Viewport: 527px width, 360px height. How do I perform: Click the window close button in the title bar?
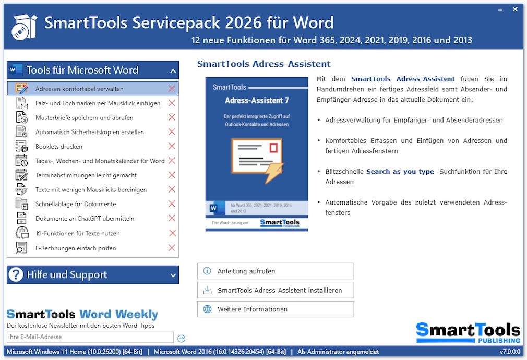[x=515, y=9]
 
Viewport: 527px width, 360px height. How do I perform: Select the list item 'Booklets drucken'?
[x=59, y=147]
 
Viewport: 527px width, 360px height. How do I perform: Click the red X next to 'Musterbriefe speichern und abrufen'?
[x=172, y=117]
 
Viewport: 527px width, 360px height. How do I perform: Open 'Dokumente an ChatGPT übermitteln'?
[x=85, y=219]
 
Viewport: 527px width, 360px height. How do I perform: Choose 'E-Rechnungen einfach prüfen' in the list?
[x=76, y=248]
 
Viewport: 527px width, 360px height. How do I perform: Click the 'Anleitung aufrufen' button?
[x=276, y=271]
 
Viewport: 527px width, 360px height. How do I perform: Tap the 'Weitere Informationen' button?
[x=276, y=309]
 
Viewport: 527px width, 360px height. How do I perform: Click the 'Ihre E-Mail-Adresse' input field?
[x=90, y=338]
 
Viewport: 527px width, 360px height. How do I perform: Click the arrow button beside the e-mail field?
[x=182, y=338]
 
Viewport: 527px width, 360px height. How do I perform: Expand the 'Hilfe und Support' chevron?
[x=173, y=275]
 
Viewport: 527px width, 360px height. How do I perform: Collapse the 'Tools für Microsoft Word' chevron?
[x=173, y=70]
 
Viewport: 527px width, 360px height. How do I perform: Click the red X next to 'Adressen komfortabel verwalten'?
[x=172, y=89]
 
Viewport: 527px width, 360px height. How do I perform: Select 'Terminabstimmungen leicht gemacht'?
[x=86, y=175]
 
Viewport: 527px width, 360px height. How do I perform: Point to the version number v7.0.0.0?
[x=510, y=352]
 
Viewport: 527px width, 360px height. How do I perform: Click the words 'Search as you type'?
[x=400, y=172]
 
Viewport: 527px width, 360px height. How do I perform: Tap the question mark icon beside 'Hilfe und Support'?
[x=17, y=275]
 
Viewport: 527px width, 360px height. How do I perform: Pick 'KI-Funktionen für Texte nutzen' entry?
[x=78, y=234]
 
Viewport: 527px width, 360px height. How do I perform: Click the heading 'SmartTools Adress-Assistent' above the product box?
[x=263, y=64]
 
